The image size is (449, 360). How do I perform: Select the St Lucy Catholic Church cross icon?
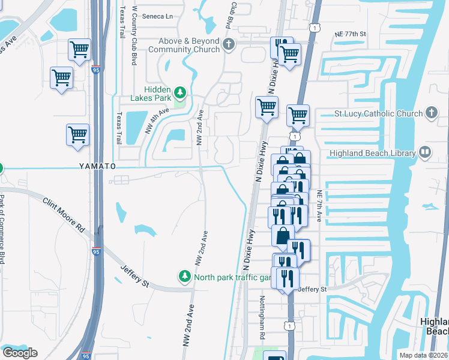click(x=431, y=113)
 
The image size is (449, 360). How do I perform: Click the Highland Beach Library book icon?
click(x=426, y=152)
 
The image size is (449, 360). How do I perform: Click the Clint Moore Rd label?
click(x=63, y=214)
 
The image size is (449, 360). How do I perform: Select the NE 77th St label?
click(x=351, y=34)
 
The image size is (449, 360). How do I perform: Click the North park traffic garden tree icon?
click(x=184, y=277)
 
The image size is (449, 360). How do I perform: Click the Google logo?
click(x=20, y=353)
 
